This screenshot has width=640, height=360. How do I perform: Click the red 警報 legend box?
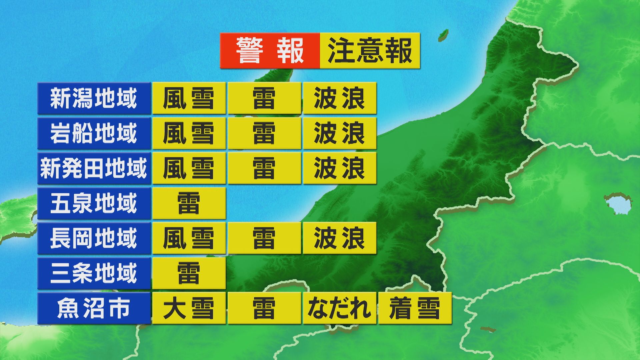click(270, 51)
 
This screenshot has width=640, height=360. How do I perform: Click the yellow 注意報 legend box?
click(370, 51)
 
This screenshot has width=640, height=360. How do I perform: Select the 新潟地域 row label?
click(94, 98)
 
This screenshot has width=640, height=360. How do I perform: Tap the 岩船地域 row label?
click(94, 133)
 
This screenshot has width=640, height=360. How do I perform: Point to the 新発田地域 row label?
click(94, 168)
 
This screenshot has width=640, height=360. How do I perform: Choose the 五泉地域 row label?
click(94, 203)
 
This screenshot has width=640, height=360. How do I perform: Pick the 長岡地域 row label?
click(94, 238)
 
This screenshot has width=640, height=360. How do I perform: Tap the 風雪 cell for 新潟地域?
click(189, 98)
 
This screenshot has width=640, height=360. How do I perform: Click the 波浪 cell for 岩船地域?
click(339, 133)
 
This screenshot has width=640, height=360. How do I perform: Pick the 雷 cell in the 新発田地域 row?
click(264, 168)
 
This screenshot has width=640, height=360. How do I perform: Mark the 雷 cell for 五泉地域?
click(189, 203)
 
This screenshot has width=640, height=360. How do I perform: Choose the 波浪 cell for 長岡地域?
click(339, 238)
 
